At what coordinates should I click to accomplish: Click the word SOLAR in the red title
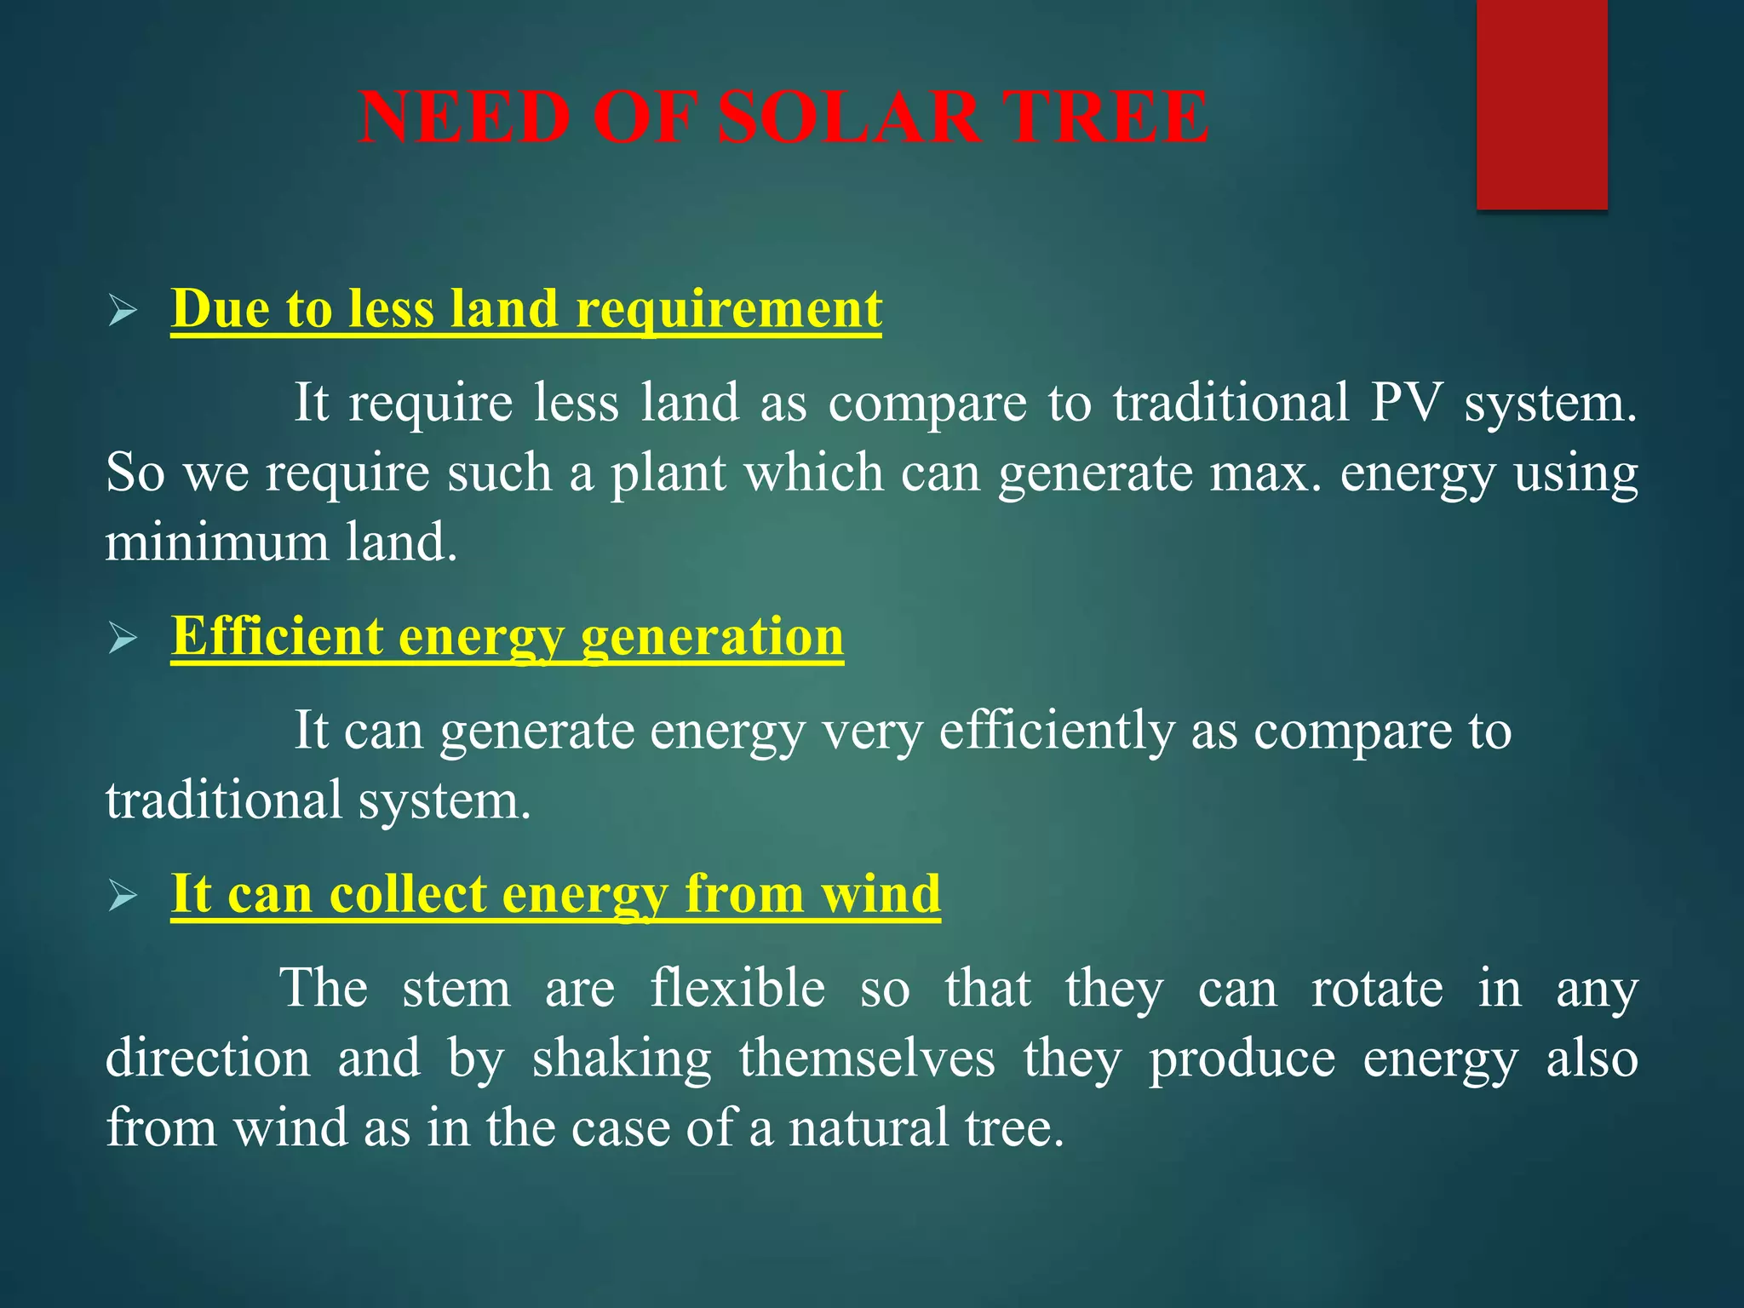pos(849,118)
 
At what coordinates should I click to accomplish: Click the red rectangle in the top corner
pos(1541,104)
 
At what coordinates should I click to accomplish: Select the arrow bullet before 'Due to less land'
pos(123,313)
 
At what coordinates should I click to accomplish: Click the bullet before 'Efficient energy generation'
pos(123,640)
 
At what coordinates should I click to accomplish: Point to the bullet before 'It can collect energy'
pos(123,897)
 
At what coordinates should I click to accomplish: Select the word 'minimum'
pos(216,542)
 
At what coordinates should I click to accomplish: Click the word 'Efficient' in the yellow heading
pos(277,636)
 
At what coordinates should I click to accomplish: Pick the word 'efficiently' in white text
pos(1056,731)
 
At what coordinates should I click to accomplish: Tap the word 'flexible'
pos(737,989)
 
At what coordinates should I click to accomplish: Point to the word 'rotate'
pos(1376,989)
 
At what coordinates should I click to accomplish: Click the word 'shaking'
pos(622,1058)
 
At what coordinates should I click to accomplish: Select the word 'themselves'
pos(866,1058)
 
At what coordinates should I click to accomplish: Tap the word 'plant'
pos(668,473)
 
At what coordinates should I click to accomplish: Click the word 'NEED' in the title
pos(465,118)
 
